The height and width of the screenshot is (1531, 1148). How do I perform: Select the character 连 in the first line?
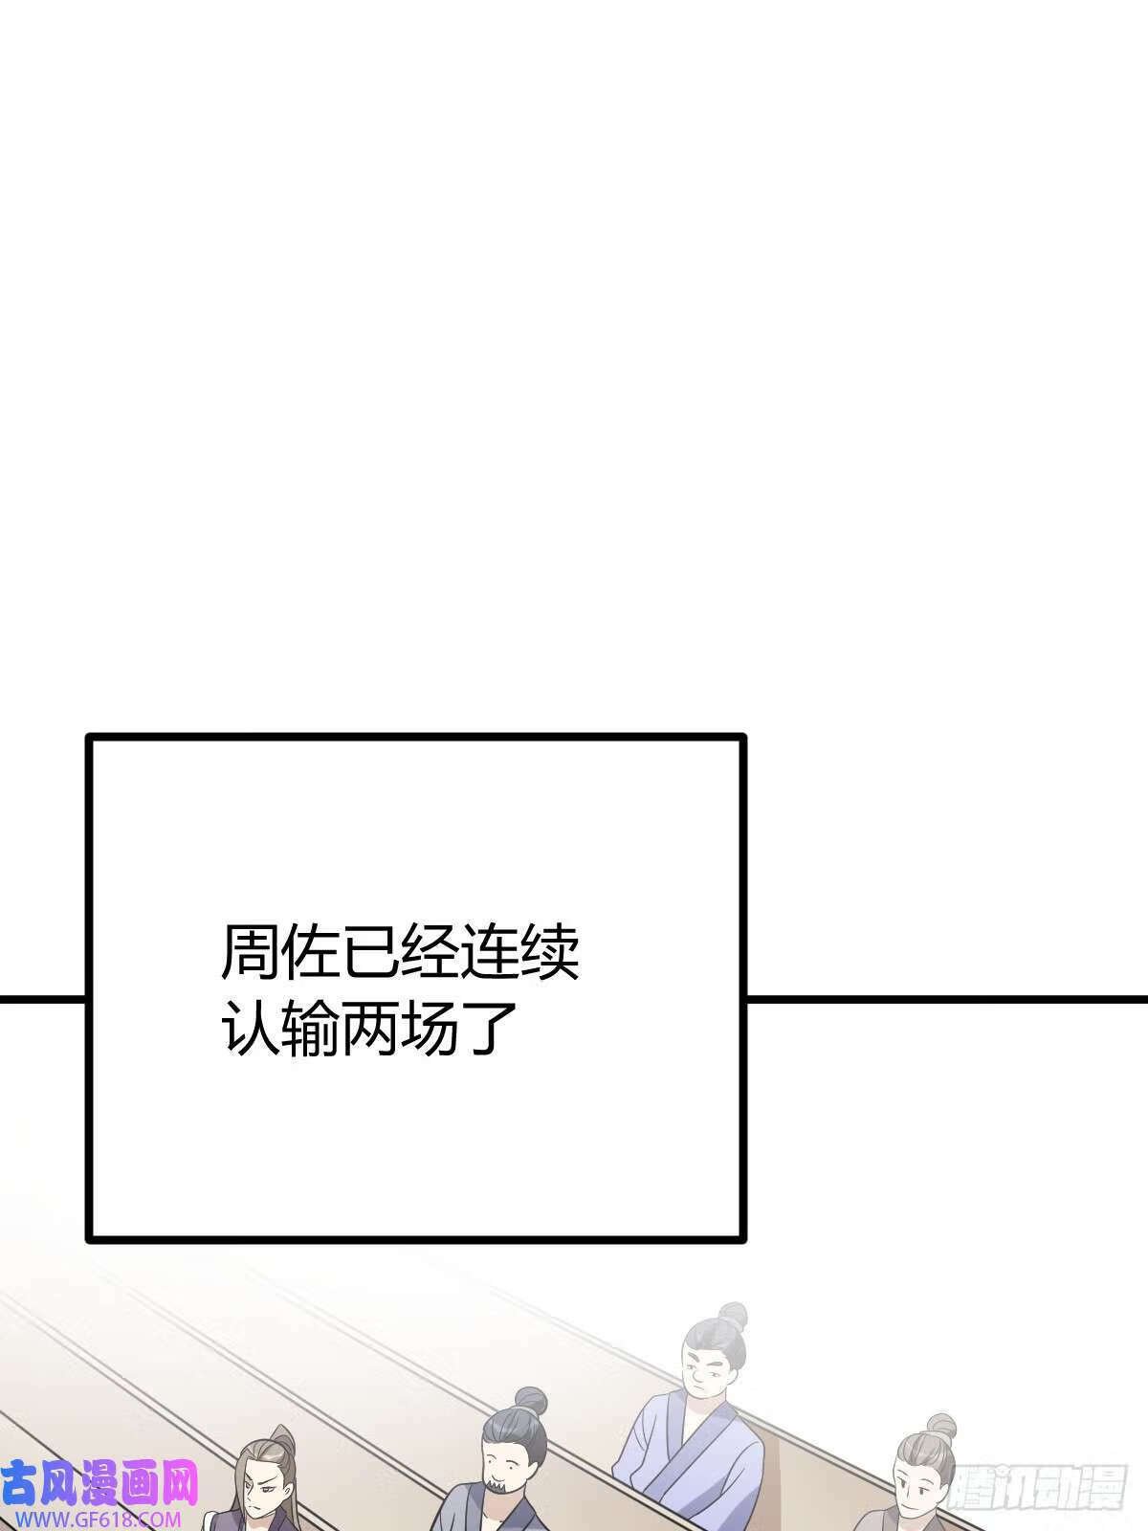pos(490,952)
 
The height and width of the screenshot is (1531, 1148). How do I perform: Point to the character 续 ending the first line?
pos(550,952)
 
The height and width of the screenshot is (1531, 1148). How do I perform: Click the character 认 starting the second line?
pos(251,1028)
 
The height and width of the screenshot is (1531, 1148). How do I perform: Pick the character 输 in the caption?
pos(310,1028)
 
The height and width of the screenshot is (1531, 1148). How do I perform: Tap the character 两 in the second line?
pos(370,1028)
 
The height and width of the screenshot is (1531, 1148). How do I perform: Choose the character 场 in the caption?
pos(430,1028)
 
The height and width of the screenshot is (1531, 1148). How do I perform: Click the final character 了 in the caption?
pos(490,1028)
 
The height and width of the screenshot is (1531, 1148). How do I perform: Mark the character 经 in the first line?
pos(430,952)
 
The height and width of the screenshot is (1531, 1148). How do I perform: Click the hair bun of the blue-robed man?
pos(732,1316)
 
